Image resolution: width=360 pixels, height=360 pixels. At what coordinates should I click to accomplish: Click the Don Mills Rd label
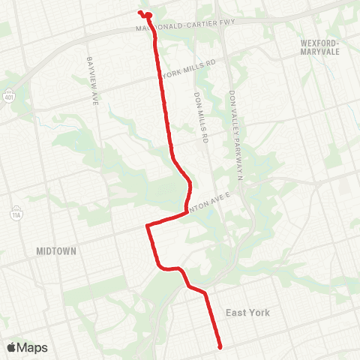click(x=199, y=118)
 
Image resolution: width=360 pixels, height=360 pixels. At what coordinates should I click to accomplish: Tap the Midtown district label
click(x=55, y=252)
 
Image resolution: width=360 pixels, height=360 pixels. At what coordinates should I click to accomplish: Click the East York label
click(x=247, y=313)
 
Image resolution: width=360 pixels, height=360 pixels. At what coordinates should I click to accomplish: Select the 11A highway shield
click(x=15, y=214)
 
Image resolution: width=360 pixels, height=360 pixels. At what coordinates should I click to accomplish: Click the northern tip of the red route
click(x=139, y=12)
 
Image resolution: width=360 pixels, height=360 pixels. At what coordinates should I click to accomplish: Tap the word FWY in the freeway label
click(x=226, y=22)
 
